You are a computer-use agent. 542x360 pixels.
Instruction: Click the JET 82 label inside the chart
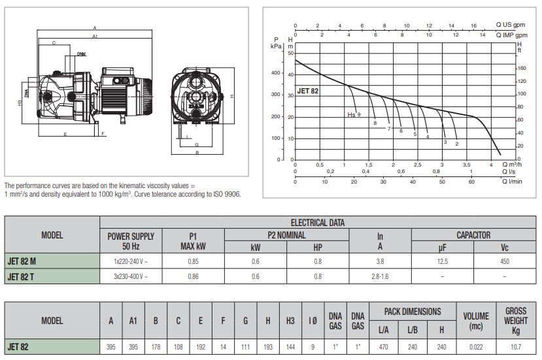(308, 91)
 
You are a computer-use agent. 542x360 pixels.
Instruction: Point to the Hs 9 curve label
(354, 114)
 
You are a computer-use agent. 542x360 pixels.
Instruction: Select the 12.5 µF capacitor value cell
(443, 261)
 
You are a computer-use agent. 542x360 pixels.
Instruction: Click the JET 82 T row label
(21, 277)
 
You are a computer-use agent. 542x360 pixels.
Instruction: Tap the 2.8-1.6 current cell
(380, 276)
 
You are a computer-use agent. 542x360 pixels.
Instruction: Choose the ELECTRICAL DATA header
(318, 223)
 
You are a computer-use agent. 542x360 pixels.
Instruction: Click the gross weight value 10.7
(516, 347)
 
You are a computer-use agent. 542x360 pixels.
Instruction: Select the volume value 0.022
(476, 347)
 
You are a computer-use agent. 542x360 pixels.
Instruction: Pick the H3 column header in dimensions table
(290, 321)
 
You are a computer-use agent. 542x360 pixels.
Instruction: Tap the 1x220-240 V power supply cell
(131, 261)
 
